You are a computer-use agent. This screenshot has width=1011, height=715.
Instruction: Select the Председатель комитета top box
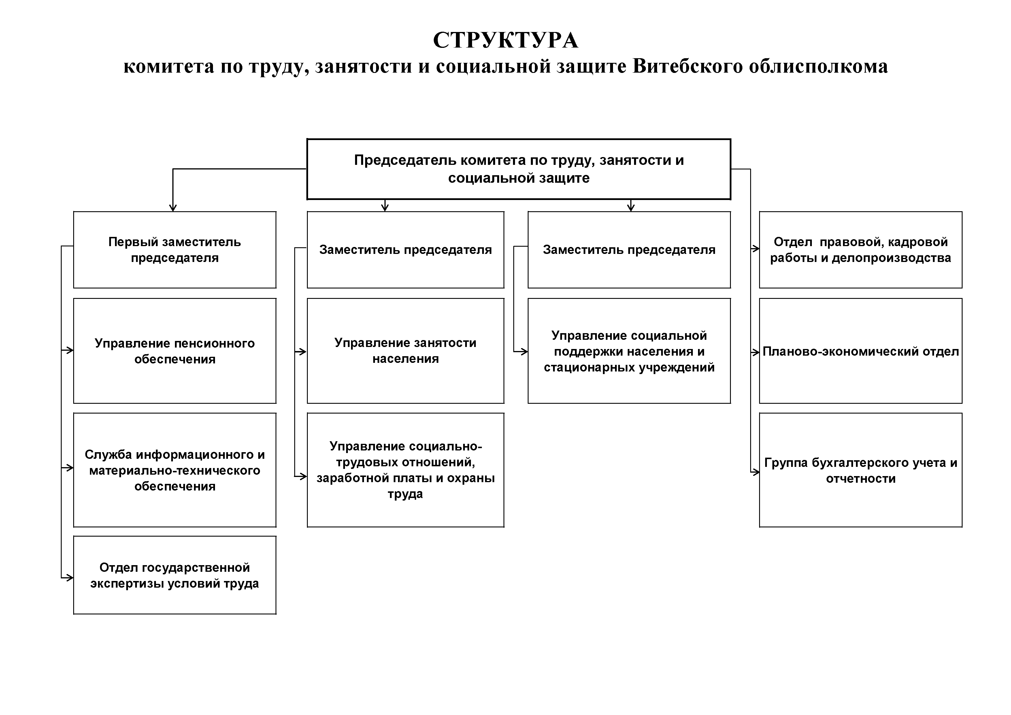pos(519,169)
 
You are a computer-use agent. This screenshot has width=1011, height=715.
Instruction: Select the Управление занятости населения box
pos(405,351)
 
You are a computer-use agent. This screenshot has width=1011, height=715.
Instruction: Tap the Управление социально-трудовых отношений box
pos(405,470)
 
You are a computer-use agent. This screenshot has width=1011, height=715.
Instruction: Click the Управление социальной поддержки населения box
pos(629,351)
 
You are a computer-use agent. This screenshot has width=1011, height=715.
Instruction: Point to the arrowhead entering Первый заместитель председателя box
pos(173,208)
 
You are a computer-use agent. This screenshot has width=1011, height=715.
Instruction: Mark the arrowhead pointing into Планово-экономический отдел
pos(756,352)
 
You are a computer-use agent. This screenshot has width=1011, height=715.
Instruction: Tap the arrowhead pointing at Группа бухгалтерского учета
pos(756,472)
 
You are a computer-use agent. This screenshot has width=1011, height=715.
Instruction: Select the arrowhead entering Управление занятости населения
pos(303,352)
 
